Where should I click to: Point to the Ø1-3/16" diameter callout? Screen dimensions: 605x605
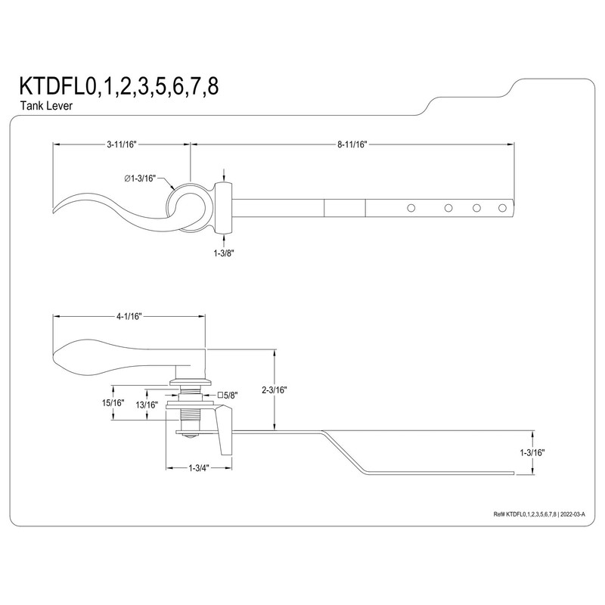coord(141,178)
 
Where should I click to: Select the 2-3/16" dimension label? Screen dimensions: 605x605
coord(274,390)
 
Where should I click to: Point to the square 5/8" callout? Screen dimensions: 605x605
coord(229,395)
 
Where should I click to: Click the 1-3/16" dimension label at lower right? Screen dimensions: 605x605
coord(532,452)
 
